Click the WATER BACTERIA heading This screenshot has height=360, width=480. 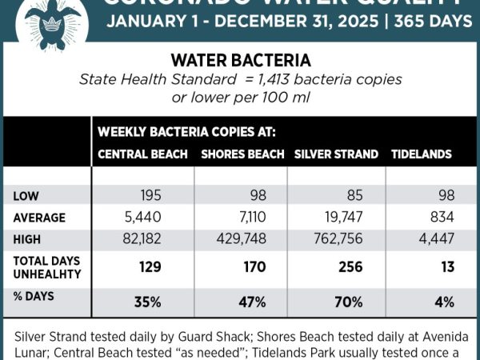(241, 61)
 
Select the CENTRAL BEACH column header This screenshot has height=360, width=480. (142, 154)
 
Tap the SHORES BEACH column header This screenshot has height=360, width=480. (242, 154)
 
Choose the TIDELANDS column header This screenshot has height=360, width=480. (421, 154)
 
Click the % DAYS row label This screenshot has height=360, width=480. (34, 302)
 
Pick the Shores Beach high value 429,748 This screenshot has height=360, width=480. (243, 239)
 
